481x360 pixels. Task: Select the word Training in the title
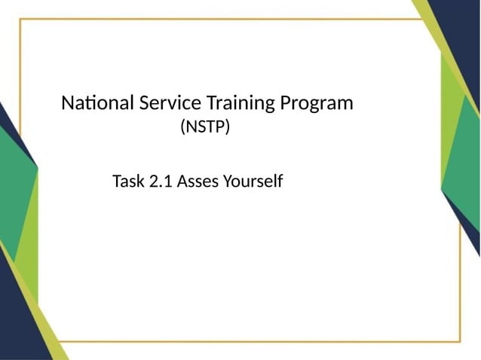(x=239, y=103)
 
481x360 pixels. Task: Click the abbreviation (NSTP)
(x=204, y=128)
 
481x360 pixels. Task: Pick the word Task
(x=129, y=182)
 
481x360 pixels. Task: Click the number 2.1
(x=161, y=182)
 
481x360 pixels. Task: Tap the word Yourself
(x=253, y=182)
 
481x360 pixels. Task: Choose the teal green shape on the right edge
(x=464, y=158)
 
